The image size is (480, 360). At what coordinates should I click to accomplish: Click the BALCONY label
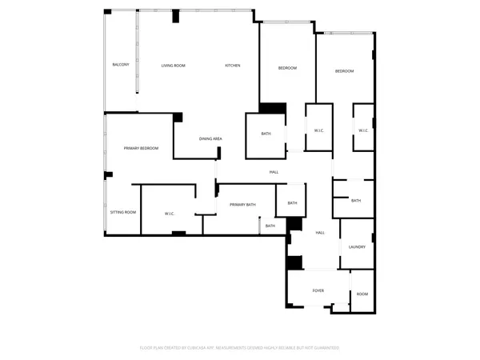121,64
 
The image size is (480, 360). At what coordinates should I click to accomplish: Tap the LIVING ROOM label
173,65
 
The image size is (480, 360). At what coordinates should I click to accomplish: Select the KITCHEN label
232,65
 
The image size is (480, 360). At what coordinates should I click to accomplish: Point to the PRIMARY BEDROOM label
141,148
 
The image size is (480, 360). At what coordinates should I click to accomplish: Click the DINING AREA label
210,139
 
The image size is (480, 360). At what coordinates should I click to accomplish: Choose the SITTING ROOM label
123,212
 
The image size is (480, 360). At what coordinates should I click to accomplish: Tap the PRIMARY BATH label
242,205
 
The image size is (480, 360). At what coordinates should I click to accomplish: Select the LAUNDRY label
357,246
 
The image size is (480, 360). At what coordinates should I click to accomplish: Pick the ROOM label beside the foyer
362,294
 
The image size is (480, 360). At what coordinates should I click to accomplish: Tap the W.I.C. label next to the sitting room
170,213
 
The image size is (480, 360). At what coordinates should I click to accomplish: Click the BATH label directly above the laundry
355,201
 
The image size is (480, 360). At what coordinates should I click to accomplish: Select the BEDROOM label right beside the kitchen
287,68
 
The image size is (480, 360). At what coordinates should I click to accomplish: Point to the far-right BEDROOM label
344,71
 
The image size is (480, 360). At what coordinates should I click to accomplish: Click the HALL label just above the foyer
320,232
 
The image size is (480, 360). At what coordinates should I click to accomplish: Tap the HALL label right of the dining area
274,172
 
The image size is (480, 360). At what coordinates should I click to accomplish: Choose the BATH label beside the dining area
266,134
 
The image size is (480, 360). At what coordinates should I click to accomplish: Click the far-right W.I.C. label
363,130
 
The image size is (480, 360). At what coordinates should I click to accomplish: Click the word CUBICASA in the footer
197,348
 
